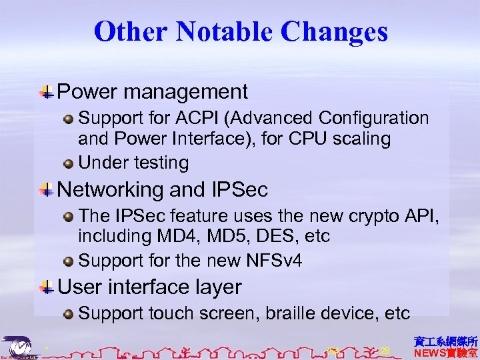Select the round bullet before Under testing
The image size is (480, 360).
point(69,163)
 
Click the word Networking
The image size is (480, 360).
point(111,190)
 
